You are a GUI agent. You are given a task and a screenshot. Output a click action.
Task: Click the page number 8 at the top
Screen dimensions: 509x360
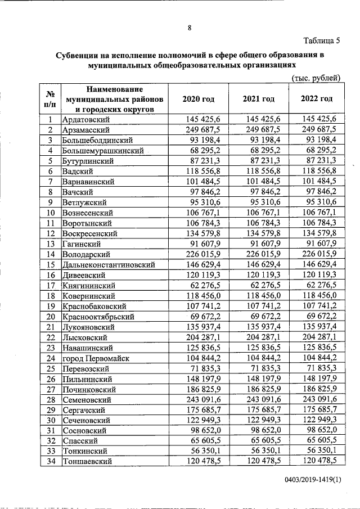190,27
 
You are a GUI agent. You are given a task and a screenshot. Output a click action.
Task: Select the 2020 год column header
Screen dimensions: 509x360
199,98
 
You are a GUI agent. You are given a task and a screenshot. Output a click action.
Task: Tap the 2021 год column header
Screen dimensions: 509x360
258,98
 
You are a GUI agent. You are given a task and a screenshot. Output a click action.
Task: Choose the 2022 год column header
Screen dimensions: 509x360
317,98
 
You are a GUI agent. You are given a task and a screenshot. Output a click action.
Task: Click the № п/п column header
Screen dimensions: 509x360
50,98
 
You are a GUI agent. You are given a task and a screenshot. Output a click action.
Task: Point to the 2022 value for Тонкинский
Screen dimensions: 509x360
322,451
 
